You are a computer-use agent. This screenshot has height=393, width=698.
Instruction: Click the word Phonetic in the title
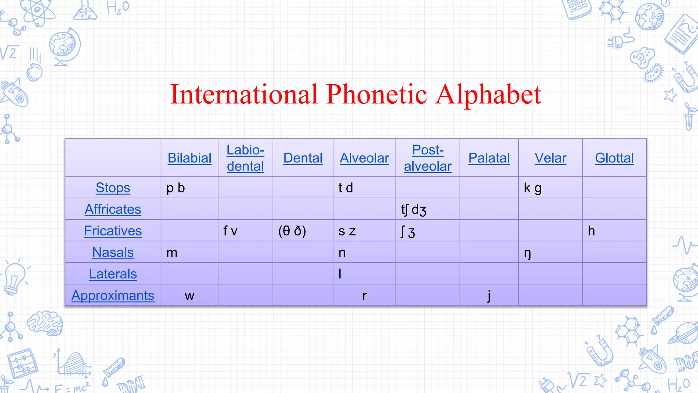pyautogui.click(x=376, y=94)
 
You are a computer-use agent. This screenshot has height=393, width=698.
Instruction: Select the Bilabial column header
pyautogui.click(x=189, y=158)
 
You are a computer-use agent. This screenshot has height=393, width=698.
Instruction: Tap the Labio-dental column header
pyautogui.click(x=245, y=158)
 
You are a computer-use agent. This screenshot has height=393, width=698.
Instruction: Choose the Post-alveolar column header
pyautogui.click(x=428, y=158)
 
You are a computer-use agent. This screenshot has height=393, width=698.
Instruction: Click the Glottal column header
pyautogui.click(x=614, y=158)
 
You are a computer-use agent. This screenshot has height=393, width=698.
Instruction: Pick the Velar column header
pyautogui.click(x=550, y=158)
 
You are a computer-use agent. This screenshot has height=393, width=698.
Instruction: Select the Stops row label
pyautogui.click(x=113, y=188)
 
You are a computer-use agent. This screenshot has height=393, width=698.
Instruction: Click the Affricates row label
pyautogui.click(x=113, y=209)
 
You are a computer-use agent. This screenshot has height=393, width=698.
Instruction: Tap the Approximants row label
pyautogui.click(x=113, y=295)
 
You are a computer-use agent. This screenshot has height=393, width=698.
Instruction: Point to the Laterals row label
pyautogui.click(x=113, y=274)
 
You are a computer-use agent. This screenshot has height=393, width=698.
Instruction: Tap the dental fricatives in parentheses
pyautogui.click(x=292, y=231)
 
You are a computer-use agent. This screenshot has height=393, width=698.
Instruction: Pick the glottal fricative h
pyautogui.click(x=591, y=231)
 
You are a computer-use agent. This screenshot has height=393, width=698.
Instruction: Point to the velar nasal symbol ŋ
pyautogui.click(x=527, y=253)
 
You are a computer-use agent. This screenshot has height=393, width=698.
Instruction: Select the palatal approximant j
pyautogui.click(x=489, y=296)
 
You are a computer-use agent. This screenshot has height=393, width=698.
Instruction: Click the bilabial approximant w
pyautogui.click(x=189, y=296)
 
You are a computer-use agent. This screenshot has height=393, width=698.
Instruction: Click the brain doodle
pyautogui.click(x=45, y=322)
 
